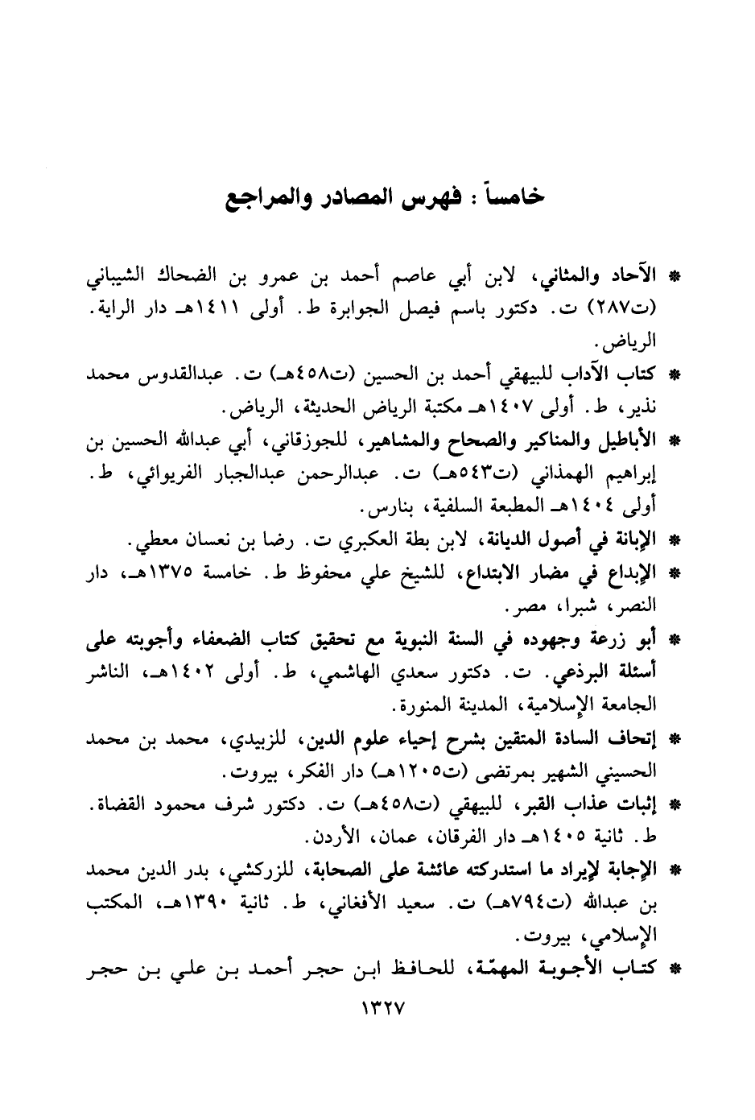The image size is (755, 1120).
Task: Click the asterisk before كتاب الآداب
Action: pyautogui.click(x=675, y=375)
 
